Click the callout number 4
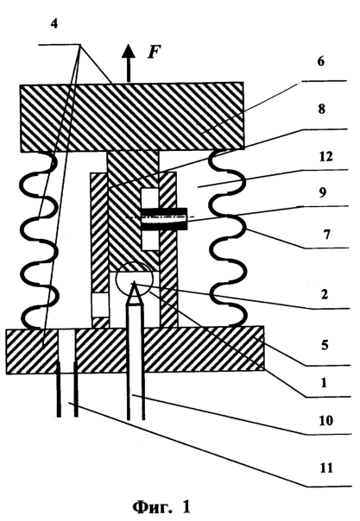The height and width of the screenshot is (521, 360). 54,25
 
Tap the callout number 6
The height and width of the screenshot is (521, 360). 320,62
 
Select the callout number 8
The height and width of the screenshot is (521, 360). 321,109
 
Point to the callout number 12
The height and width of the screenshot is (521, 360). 325,156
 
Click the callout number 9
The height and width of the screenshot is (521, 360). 322,193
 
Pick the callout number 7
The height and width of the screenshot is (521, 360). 327,235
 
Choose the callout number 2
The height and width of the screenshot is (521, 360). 325,294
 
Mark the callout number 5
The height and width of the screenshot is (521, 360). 325,346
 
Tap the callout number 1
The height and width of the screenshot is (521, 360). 324,383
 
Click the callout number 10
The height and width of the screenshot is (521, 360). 325,420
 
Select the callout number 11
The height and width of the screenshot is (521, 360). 325,468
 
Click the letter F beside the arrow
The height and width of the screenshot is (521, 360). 154,52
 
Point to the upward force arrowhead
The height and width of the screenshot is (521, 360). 129,52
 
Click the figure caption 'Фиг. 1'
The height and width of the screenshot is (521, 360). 161,507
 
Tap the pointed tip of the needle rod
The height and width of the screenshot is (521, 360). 134,281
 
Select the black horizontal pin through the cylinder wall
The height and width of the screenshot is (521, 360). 164,219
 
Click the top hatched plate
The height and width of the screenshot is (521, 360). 131,117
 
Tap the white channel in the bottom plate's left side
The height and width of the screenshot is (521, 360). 66,350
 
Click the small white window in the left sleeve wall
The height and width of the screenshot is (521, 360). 100,304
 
